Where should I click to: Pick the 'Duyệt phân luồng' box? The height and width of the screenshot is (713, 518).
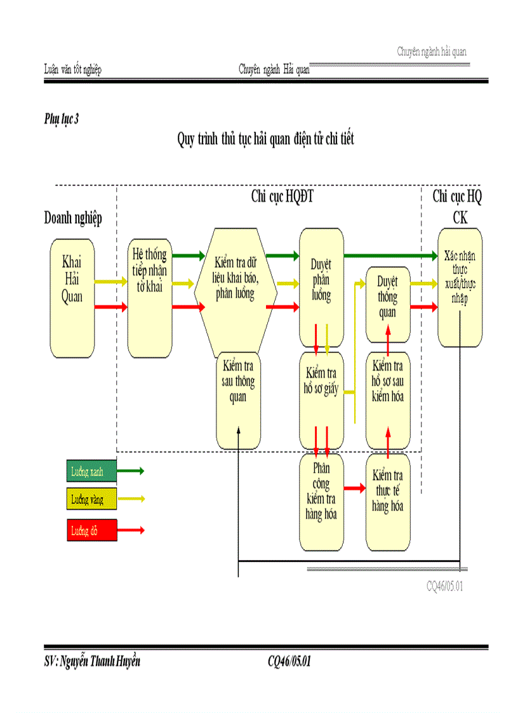coord(321,288)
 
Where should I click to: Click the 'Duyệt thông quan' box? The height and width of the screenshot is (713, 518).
coord(387,304)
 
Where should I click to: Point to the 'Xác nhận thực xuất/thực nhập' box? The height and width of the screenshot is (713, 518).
coord(460,288)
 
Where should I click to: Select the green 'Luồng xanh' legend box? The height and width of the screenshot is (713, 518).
coord(91,471)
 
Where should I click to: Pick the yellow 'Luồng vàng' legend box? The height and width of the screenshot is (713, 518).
coord(91,500)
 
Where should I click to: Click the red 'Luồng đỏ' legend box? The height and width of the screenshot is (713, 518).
coord(91,530)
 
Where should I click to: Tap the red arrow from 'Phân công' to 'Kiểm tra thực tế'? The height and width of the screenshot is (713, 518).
coord(355,488)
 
